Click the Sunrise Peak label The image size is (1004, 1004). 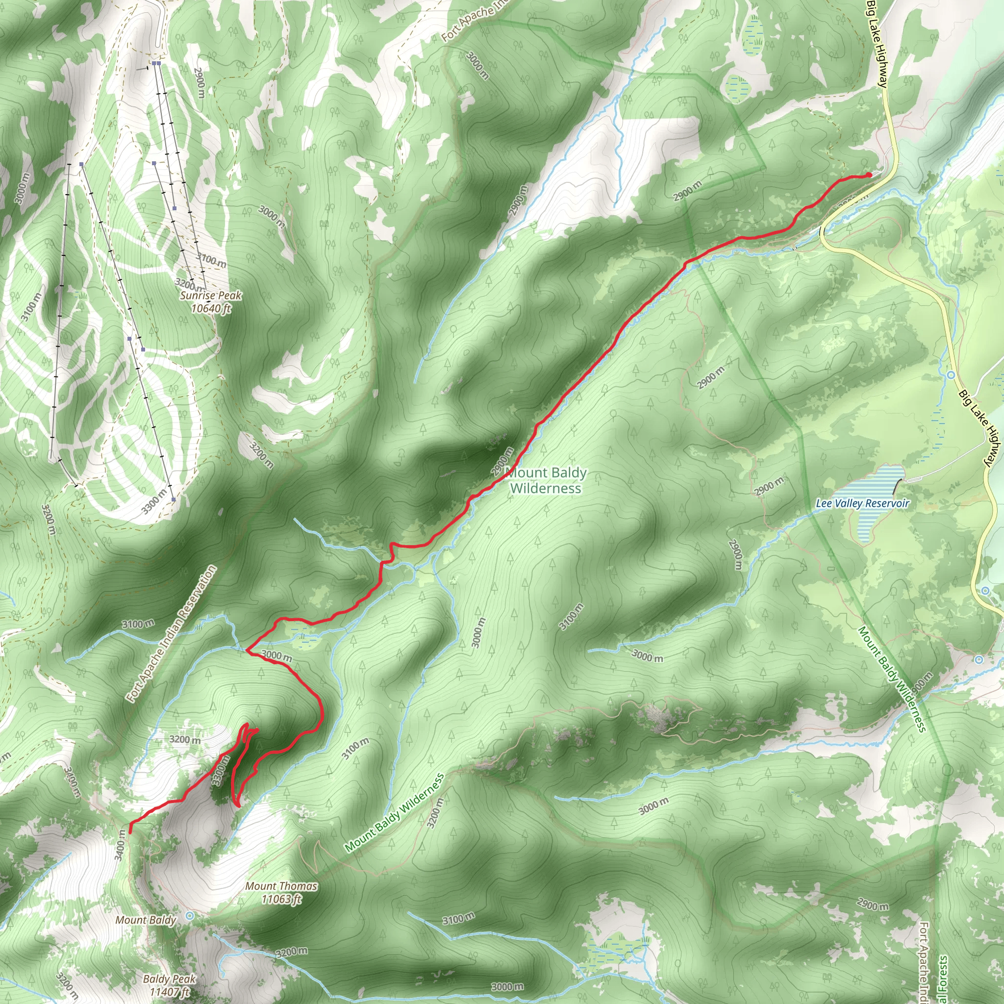click(x=211, y=296)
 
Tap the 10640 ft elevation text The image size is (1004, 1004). click(x=211, y=309)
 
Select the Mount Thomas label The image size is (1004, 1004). click(x=281, y=886)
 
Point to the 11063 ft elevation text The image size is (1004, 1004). click(x=281, y=899)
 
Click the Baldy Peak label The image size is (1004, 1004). click(x=170, y=979)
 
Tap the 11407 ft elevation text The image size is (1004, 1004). click(x=170, y=992)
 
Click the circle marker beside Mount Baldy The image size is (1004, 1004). click(x=190, y=916)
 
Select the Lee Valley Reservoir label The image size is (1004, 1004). click(x=863, y=503)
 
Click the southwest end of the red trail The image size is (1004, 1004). click(x=129, y=831)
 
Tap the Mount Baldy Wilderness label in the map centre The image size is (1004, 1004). click(x=546, y=480)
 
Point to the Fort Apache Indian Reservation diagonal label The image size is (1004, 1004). click(x=172, y=634)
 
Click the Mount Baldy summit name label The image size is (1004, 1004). click(x=146, y=920)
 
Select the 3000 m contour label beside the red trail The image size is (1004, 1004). click(x=276, y=655)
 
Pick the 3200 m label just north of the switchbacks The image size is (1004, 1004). click(x=185, y=739)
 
